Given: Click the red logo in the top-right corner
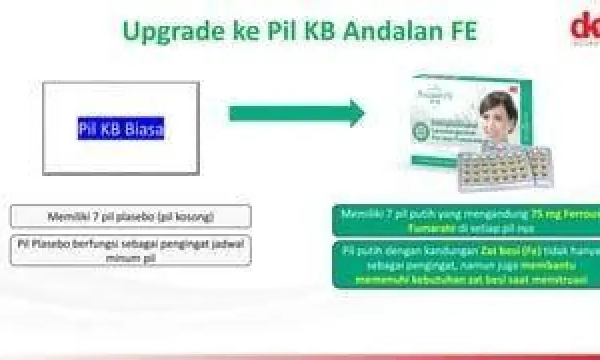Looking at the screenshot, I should pyautogui.click(x=584, y=28).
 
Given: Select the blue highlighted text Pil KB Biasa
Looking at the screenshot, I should pyautogui.click(x=121, y=129).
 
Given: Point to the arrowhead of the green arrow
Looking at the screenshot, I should pyautogui.click(x=352, y=113).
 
